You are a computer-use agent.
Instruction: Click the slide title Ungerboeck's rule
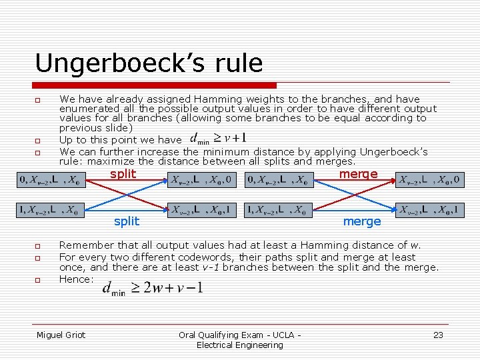pos(149,63)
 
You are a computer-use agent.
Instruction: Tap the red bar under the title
pos(155,85)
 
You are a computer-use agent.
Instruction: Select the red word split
pos(123,174)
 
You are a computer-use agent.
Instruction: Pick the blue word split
pos(127,221)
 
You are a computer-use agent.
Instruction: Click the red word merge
pos(358,174)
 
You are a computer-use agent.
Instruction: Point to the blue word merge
pos(362,221)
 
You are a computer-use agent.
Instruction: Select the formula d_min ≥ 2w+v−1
pos(153,288)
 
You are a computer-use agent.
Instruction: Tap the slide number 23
pos(438,335)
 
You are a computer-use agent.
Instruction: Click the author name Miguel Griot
pos(61,335)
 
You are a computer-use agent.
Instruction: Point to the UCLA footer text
pos(240,339)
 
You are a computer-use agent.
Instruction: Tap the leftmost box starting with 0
pos(51,179)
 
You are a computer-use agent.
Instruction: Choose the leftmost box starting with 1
pos(51,210)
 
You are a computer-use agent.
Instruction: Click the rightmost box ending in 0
pos(429,179)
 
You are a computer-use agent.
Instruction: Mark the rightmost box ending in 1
pos(429,210)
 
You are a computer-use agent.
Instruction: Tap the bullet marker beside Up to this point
pos(39,141)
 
